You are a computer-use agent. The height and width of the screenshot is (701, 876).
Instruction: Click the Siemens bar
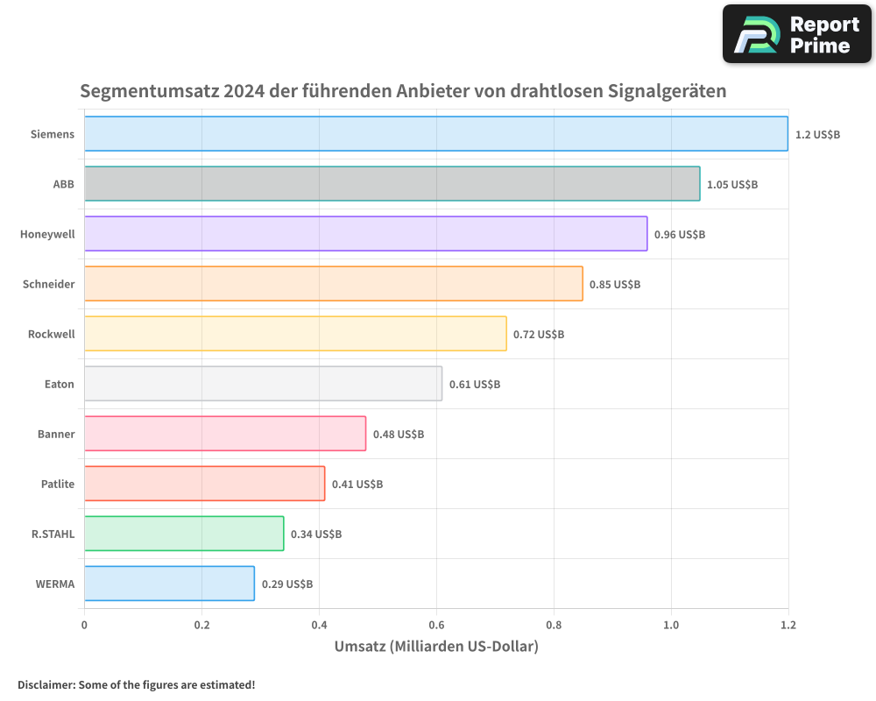coord(436,134)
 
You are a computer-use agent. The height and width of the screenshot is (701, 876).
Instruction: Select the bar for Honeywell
coord(366,234)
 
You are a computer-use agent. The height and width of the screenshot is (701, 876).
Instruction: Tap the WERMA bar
coord(170,584)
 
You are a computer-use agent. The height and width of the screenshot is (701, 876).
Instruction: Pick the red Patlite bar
coord(205,484)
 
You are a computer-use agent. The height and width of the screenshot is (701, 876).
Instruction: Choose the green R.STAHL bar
coord(184,534)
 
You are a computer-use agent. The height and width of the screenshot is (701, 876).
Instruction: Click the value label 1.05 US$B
coord(732,184)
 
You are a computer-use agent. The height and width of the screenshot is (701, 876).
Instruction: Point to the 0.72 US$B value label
coord(539,334)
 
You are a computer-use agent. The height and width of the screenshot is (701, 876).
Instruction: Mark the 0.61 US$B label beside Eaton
coord(475,384)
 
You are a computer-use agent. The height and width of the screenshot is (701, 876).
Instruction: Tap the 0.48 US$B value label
coord(399,434)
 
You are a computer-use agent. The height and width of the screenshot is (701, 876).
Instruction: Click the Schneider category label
coord(49,284)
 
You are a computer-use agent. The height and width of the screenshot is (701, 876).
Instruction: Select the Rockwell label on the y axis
coord(52,334)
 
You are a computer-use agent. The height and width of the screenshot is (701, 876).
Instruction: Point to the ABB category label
coord(63,184)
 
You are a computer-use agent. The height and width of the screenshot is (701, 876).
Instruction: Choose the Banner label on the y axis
coord(56,434)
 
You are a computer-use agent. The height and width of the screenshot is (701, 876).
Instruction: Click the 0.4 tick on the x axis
coord(319,626)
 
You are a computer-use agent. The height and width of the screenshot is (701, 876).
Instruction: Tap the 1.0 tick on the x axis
coord(671,626)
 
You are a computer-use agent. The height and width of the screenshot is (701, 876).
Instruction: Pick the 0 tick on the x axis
coord(84,626)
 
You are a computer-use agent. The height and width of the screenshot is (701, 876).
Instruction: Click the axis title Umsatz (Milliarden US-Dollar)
coord(436,647)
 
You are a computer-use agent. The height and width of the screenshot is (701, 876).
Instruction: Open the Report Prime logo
coord(796,34)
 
